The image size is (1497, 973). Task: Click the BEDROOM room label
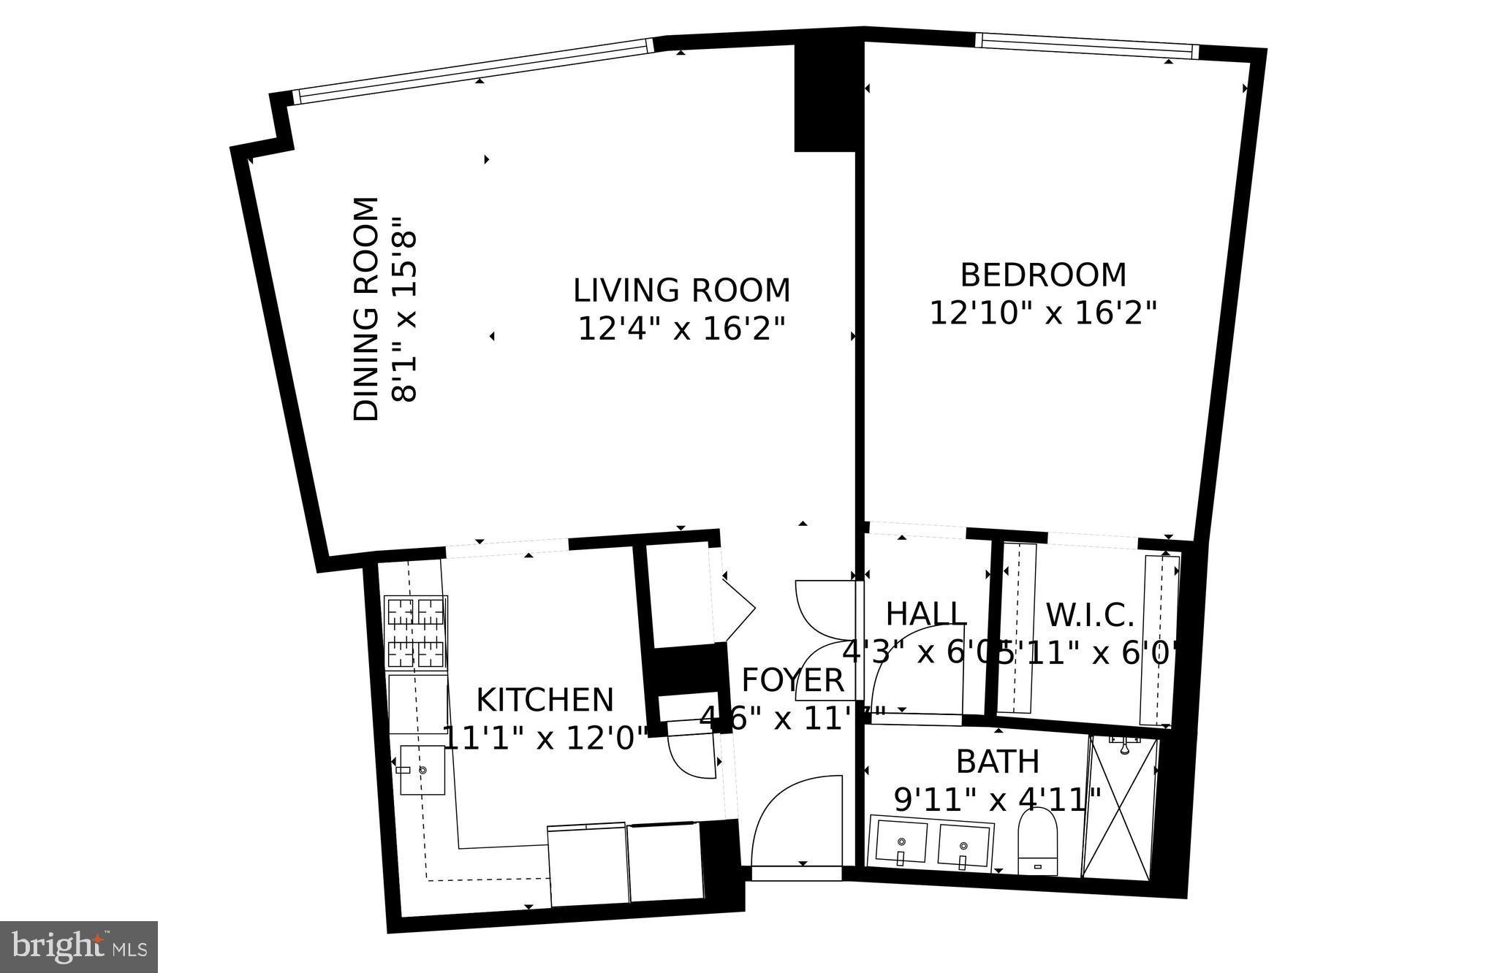pyautogui.click(x=1042, y=275)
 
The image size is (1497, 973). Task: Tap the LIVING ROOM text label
pyautogui.click(x=681, y=290)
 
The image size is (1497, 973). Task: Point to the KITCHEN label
pyautogui.click(x=545, y=700)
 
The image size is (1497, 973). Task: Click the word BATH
pyautogui.click(x=998, y=762)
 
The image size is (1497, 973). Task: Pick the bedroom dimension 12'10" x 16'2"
pyautogui.click(x=1043, y=314)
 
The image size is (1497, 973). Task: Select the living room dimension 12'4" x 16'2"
pyautogui.click(x=681, y=329)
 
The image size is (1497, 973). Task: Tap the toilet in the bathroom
pyautogui.click(x=1038, y=844)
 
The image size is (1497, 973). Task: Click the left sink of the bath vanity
pyautogui.click(x=901, y=844)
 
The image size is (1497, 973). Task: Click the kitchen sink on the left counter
pyautogui.click(x=422, y=769)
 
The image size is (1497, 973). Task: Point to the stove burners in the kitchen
pyautogui.click(x=416, y=632)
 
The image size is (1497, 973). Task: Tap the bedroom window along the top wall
pyautogui.click(x=1087, y=45)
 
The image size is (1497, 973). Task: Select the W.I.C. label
pyautogui.click(x=1089, y=615)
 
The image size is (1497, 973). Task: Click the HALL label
pyautogui.click(x=926, y=614)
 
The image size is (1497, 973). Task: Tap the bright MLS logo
pyautogui.click(x=79, y=947)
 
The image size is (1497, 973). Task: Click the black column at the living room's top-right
pyautogui.click(x=825, y=99)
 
